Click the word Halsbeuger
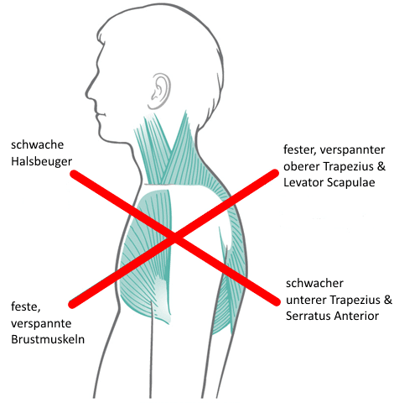[41, 161]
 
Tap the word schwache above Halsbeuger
[37, 144]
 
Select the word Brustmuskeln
[48, 339]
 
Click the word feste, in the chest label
[26, 306]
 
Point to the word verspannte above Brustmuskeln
[41, 323]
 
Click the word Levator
[303, 182]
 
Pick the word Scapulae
[351, 182]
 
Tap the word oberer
[302, 166]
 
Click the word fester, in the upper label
[300, 149]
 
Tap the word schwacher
[314, 284]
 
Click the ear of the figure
[159, 92]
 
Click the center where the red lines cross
[174, 238]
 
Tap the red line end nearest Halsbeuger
[73, 174]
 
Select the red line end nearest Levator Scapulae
[275, 173]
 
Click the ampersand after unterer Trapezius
[388, 300]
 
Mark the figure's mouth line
[101, 115]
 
